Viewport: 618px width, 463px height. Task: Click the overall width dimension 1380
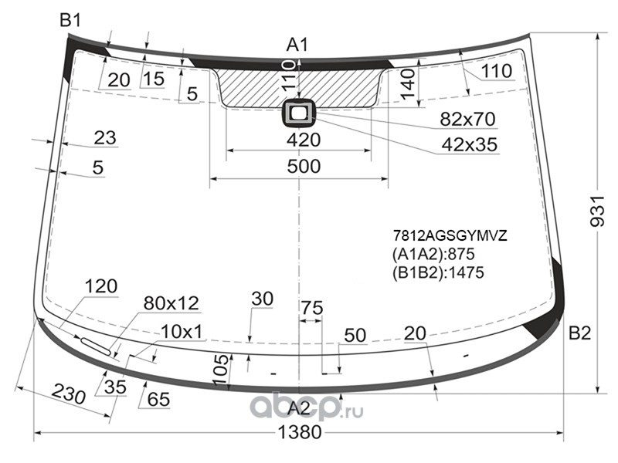pyautogui.click(x=300, y=432)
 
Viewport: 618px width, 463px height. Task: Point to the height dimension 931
pyautogui.click(x=596, y=211)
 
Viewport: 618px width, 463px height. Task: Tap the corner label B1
pyautogui.click(x=70, y=20)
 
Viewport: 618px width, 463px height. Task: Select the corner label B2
pyautogui.click(x=580, y=333)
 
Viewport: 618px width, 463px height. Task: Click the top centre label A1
pyautogui.click(x=297, y=45)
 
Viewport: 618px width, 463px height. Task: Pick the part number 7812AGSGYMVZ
pyautogui.click(x=450, y=235)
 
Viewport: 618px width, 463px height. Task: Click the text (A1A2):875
pyautogui.click(x=433, y=254)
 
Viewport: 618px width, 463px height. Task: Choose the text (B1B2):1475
pyautogui.click(x=438, y=272)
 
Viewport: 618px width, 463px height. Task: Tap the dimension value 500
pyautogui.click(x=304, y=166)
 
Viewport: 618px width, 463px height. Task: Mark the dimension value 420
pyautogui.click(x=304, y=140)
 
